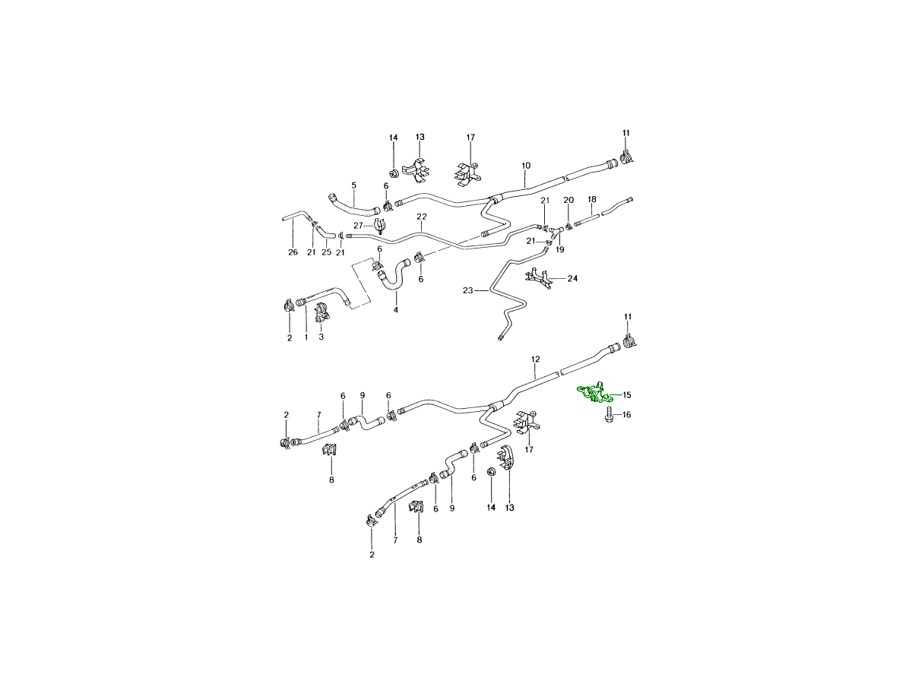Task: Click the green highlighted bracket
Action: [595, 394]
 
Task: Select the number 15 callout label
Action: [627, 395]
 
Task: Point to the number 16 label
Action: [626, 414]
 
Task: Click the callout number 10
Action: [526, 166]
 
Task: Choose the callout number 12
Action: [535, 359]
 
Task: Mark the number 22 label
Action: [421, 217]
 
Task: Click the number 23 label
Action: [468, 291]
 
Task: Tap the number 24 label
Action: [572, 278]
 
